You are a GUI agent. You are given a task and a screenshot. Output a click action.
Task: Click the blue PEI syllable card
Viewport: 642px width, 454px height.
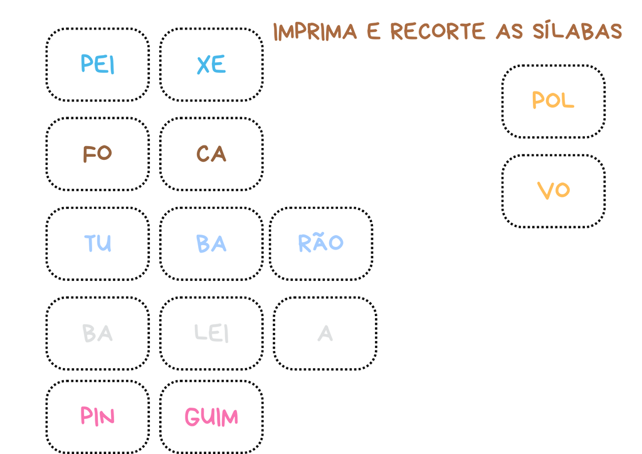(x=97, y=64)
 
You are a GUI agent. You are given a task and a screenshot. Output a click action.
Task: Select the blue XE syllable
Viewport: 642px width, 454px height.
(x=211, y=64)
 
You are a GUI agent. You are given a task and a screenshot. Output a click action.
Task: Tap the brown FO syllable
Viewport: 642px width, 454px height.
(x=97, y=154)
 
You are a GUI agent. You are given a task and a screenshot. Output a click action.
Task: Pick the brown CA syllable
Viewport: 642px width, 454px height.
(x=211, y=154)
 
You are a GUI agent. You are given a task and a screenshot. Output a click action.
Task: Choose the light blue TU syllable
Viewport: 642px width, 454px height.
(x=97, y=243)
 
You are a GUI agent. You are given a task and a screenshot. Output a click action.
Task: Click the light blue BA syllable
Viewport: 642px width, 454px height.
(x=211, y=243)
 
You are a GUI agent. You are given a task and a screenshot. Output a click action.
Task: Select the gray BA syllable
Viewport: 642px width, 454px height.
(x=97, y=333)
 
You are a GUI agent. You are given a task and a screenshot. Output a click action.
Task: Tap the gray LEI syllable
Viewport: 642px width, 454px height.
(x=211, y=333)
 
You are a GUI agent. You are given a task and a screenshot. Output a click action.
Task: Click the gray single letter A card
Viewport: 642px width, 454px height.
(x=325, y=333)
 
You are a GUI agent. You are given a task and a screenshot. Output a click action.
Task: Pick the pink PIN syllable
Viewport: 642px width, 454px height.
(x=97, y=416)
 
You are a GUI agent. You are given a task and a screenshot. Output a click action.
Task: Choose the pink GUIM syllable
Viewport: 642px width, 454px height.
(x=211, y=417)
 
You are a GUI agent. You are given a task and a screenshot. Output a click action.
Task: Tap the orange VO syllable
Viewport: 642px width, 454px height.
(x=553, y=191)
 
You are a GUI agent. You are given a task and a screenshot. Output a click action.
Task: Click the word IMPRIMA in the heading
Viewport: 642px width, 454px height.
(x=315, y=32)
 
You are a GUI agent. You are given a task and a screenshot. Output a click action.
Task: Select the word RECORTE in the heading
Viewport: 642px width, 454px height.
(x=438, y=31)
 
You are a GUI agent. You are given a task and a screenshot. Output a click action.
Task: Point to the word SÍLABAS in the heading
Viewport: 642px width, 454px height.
(x=577, y=30)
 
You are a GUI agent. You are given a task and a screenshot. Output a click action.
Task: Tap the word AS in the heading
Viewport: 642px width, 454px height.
(x=509, y=31)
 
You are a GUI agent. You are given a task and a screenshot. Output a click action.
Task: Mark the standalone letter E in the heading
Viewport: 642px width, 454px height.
(x=374, y=31)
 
